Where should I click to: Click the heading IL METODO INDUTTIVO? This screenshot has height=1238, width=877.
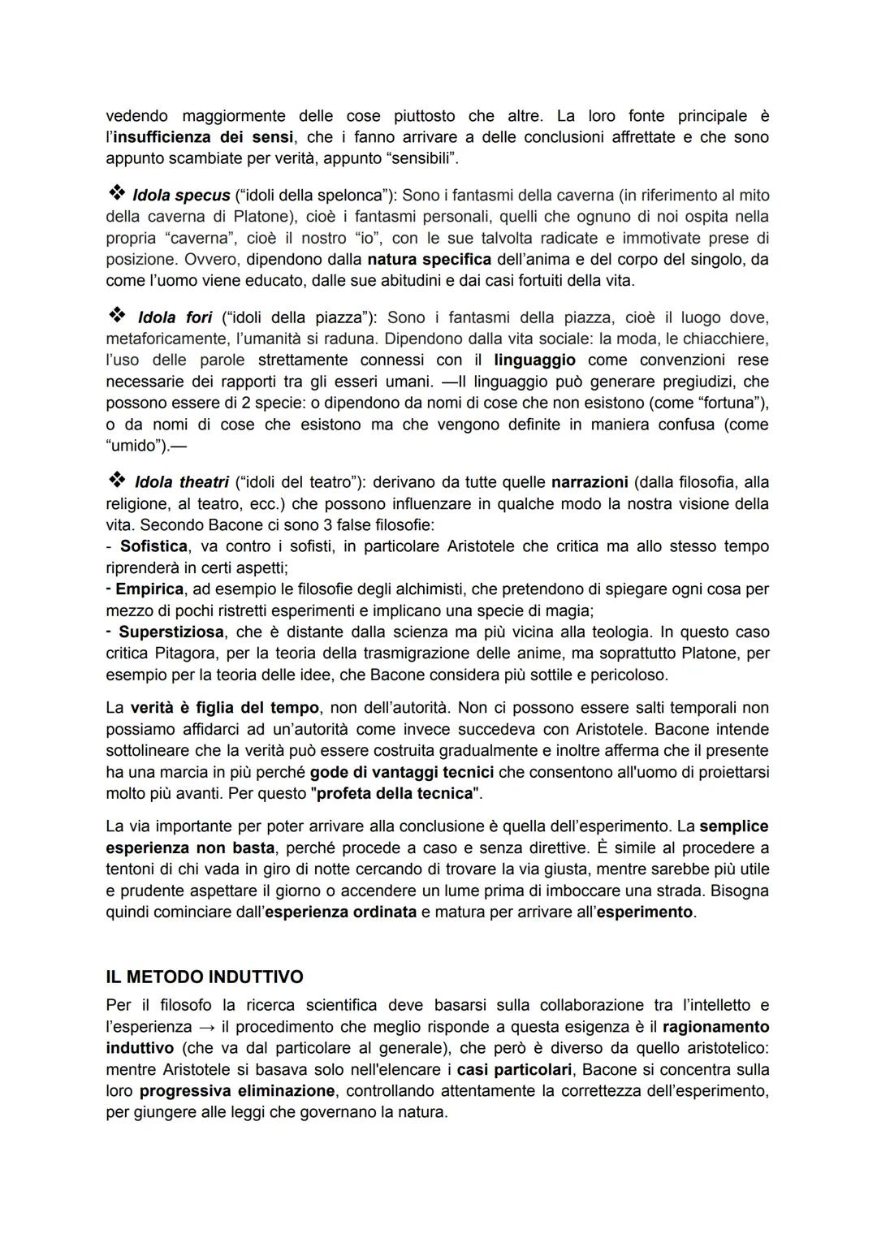[x=205, y=977]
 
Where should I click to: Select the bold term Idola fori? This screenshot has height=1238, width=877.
[x=175, y=317]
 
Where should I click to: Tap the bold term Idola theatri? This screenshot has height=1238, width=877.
[x=181, y=482]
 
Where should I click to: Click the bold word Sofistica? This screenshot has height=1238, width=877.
[x=154, y=546]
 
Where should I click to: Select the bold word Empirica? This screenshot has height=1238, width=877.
[x=149, y=589]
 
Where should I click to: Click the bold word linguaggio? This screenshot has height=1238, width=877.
[x=534, y=360]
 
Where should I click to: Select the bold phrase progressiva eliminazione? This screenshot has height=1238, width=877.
[x=236, y=1091]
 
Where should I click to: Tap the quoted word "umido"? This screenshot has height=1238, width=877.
[x=136, y=446]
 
